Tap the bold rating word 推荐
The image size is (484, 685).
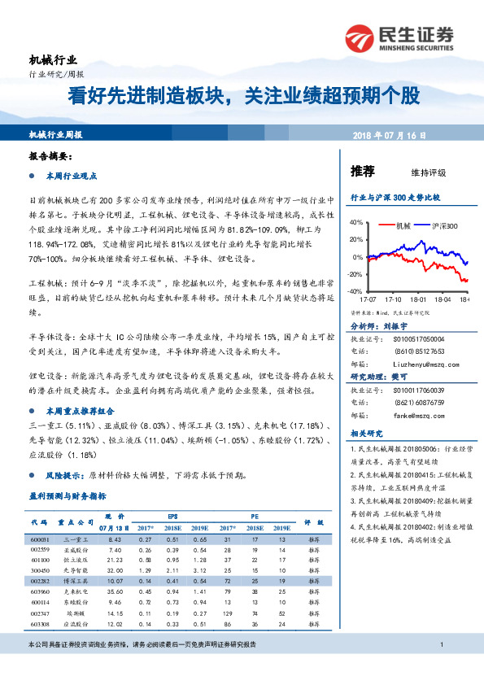362,171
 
